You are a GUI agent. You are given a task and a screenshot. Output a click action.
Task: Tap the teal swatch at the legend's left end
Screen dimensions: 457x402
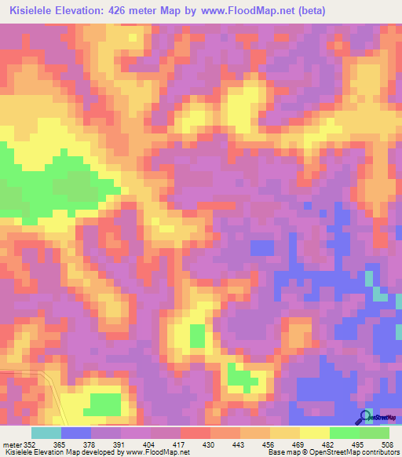46,432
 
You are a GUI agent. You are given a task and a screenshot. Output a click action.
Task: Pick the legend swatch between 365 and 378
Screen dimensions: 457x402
76,432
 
